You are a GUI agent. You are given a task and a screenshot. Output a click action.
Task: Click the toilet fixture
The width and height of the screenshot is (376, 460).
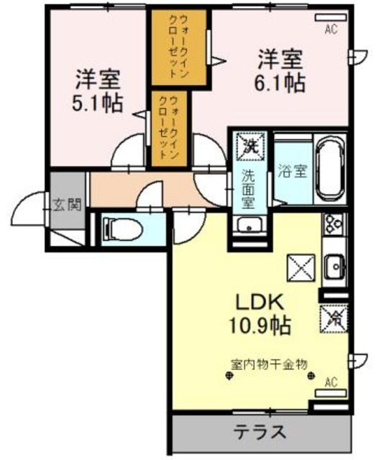click(121, 229)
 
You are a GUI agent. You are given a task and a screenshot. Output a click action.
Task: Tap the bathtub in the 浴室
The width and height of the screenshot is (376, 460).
click(331, 170)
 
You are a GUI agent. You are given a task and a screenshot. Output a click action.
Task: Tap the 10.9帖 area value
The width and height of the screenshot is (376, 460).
click(260, 326)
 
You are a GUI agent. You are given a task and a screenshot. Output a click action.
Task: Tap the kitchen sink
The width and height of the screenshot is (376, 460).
click(334, 267)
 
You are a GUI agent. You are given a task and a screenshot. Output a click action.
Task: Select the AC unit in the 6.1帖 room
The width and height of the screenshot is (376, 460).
click(331, 17)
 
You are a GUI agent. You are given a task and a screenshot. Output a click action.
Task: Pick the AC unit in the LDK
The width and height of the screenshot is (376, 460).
click(331, 393)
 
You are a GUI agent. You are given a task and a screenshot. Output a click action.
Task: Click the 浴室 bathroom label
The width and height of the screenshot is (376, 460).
click(293, 171)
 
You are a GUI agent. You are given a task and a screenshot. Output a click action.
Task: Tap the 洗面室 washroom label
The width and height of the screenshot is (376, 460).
click(248, 188)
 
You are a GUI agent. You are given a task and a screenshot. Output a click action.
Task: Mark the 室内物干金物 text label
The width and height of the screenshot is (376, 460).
click(269, 364)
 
